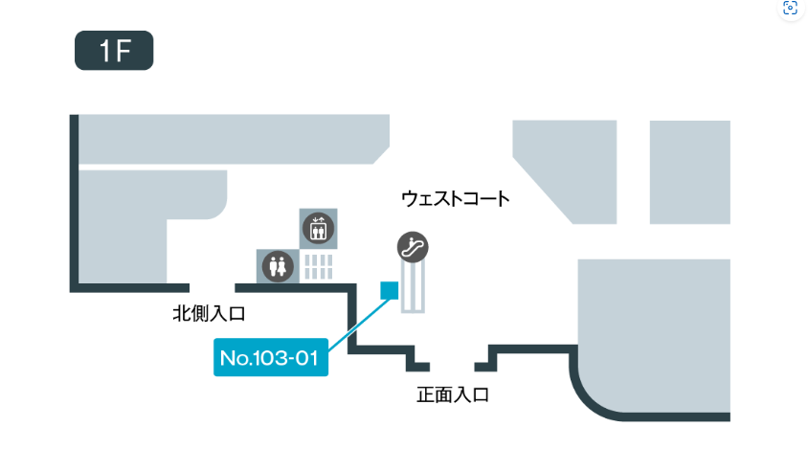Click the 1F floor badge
coord(114,52)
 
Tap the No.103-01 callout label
coord(270,359)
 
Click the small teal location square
coord(389,290)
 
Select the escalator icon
coord(414,247)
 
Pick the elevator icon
coord(316,229)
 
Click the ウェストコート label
coord(455,199)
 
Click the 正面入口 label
coord(453,393)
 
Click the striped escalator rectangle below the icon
coord(413,287)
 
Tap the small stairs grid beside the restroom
coord(318,266)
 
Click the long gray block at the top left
coord(230,139)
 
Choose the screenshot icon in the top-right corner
coord(790,9)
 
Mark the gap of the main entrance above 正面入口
coord(453,368)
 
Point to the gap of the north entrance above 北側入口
coord(213,287)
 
